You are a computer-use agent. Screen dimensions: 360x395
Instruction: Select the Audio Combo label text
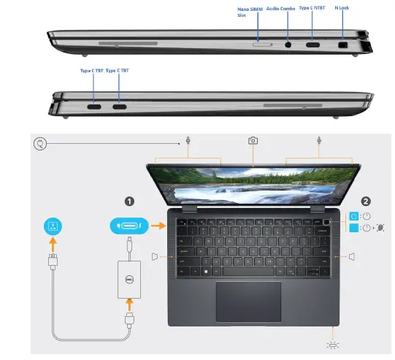pos(280,9)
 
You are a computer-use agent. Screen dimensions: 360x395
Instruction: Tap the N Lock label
pos(341,9)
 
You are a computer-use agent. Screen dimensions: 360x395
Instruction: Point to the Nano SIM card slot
pos(261,44)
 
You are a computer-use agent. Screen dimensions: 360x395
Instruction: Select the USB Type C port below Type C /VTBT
pos(312,45)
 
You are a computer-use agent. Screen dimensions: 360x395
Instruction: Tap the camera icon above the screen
pos(253,140)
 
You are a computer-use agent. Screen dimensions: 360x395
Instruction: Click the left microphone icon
pos(188,141)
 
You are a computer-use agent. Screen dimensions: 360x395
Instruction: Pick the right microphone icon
pos(319,141)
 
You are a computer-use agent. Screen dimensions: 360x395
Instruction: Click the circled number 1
pos(129,200)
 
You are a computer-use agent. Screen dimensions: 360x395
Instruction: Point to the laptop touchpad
pos(248,300)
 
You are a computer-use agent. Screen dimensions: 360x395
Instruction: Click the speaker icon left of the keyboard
pos(156,256)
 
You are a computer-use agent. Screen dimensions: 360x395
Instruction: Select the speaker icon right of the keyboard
pos(352,256)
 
